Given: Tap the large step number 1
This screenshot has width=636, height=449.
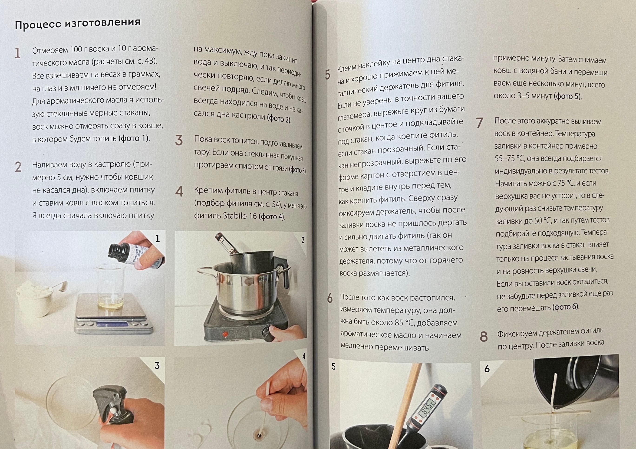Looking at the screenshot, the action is click(x=17, y=53).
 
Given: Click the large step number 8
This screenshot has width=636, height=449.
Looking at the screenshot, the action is click(x=484, y=337).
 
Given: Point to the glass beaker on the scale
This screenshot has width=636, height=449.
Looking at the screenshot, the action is click(x=110, y=286).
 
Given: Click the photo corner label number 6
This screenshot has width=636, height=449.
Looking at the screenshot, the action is click(x=487, y=369).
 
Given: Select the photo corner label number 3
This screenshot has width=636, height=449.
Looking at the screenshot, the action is click(x=157, y=365).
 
